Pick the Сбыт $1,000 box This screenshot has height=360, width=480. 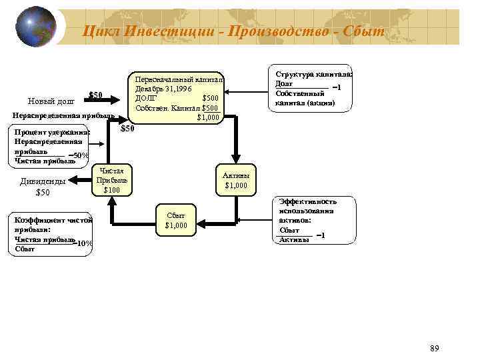(175, 221)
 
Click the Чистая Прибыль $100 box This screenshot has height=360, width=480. (110, 180)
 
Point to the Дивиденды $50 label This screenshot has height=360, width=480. (43, 187)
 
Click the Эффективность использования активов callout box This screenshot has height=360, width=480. (307, 220)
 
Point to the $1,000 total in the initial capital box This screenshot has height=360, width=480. (208, 118)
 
